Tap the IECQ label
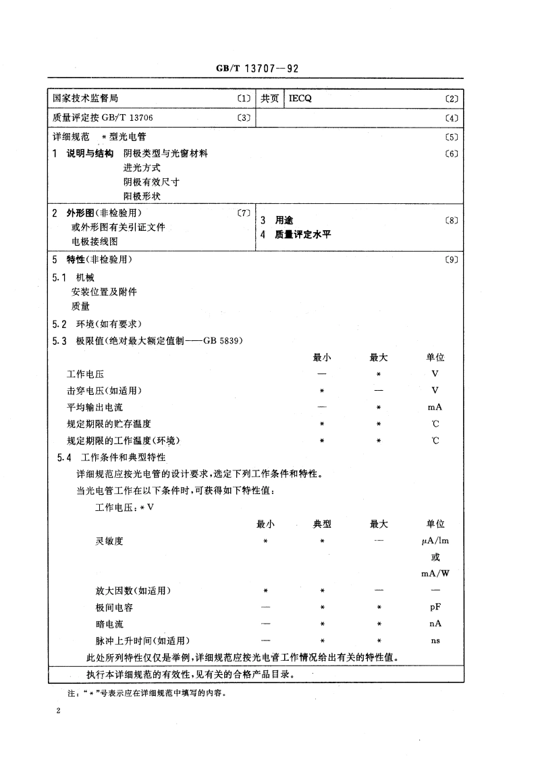point(300,99)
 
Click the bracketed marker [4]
point(452,118)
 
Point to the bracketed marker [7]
point(244,213)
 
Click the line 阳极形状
point(142,196)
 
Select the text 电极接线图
point(95,240)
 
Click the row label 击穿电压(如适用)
point(105,390)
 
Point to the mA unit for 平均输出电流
point(435,407)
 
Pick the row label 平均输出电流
point(95,407)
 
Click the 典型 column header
point(322,524)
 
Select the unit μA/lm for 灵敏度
point(435,541)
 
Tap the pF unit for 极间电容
point(435,607)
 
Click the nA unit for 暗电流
point(435,624)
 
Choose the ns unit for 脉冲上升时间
point(435,641)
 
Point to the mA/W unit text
point(435,574)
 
